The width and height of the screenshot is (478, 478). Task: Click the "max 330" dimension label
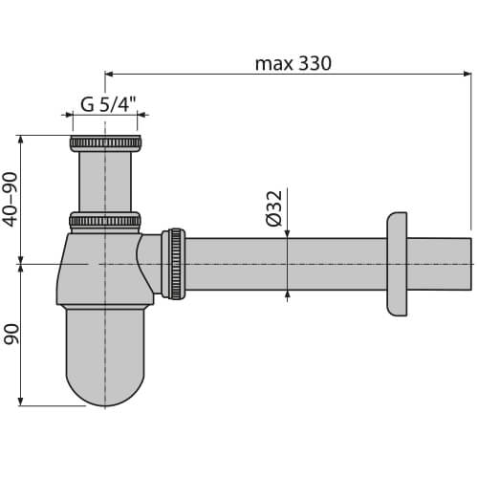pyautogui.click(x=292, y=63)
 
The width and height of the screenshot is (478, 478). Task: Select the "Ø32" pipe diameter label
pyautogui.click(x=273, y=207)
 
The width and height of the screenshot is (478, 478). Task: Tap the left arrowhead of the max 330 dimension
pyautogui.click(x=108, y=73)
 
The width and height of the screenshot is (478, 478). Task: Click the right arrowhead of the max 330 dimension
pyautogui.click(x=467, y=73)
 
